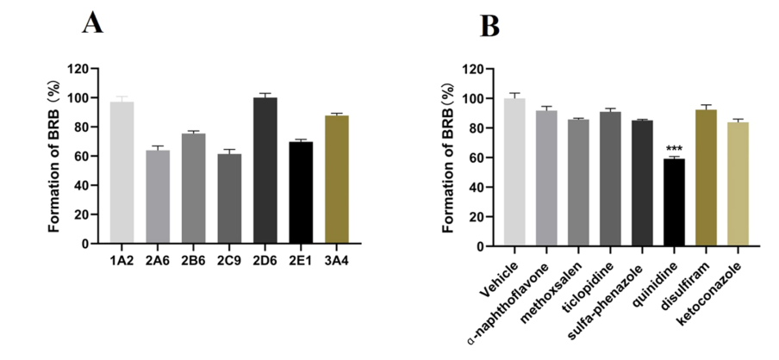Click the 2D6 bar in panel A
[x=265, y=171]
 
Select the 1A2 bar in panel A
[x=122, y=172]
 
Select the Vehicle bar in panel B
[x=514, y=172]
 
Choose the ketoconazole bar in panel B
[x=738, y=184]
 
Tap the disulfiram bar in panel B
[x=706, y=178]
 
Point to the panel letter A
[x=93, y=23]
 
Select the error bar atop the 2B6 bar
[x=193, y=132]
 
